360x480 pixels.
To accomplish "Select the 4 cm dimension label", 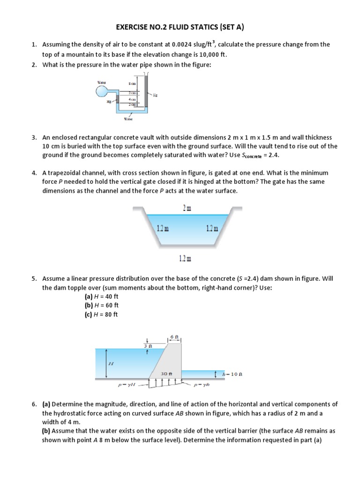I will pos(132,99).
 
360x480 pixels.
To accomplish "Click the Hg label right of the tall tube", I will pos(155,94).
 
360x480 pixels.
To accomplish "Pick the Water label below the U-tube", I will pos(128,119).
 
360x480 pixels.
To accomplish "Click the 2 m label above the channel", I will pos(187,208).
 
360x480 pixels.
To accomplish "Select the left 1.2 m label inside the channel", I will pos(162,228).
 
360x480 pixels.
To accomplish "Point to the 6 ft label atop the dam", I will pos(174,337).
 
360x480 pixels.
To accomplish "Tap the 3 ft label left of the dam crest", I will pos(148,346).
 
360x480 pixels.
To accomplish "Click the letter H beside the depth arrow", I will pos(111,363).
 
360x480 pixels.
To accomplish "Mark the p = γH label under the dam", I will pos(127,386).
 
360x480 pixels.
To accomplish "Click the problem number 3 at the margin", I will pos(34,138).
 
